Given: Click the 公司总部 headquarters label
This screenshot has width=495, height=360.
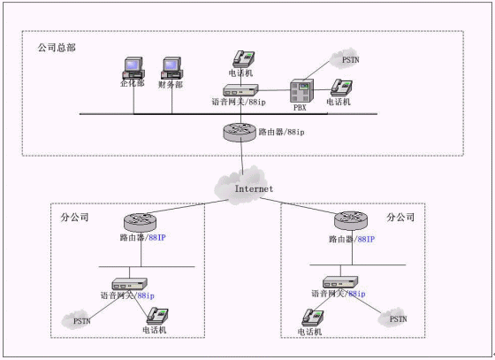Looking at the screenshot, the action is pos(57,48).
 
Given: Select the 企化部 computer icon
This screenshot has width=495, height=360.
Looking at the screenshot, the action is pos(133,68).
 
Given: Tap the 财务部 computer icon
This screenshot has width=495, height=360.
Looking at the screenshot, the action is pos(172,68).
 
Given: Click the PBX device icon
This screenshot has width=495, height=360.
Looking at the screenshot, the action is pos(301,90).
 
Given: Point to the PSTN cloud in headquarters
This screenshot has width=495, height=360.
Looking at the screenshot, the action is pos(345,58).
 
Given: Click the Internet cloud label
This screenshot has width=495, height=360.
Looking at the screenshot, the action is pos(254,188).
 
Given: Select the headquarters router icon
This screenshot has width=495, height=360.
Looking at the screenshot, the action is pos(240,132).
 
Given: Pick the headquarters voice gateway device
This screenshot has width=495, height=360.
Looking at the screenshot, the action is pos(240,90).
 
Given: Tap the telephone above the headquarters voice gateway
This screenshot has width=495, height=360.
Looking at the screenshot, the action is pos(244,58).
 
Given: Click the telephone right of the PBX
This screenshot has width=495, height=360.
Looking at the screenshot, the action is pos(341,88).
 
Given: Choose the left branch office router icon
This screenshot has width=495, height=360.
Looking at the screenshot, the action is pos(140,222).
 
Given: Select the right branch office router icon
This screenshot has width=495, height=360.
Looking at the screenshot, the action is pos(351,220).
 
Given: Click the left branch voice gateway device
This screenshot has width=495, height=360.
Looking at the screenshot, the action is pos(130,284).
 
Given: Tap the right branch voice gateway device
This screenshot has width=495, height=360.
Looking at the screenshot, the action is pos(340,282).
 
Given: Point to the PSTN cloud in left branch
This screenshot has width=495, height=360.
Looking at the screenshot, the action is pos(77,319).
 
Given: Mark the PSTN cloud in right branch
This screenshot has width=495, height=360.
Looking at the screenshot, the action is pos(392,318).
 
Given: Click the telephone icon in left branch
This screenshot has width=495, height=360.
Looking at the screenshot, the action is pos(157,316).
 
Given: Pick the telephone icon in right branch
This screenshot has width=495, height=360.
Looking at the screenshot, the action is pos(313,318).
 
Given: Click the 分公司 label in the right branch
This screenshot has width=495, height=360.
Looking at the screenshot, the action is pos(400,218).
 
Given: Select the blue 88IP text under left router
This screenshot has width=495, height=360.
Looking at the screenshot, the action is pos(157,237).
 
